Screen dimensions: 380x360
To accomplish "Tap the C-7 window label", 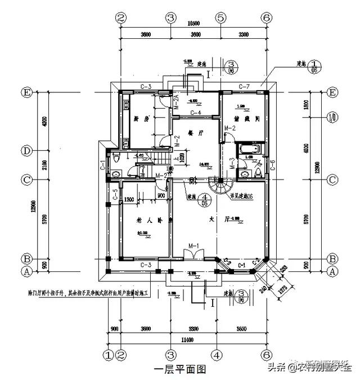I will tap(244, 86).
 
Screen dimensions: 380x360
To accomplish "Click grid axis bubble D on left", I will tap(26, 151).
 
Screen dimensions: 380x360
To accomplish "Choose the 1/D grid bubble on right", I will tap(332, 118).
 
